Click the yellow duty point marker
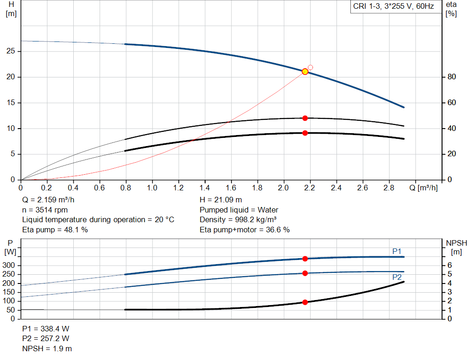pos(305,71)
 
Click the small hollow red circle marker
pos(310,67)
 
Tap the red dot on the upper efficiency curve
pos(305,118)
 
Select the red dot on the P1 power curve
pos(305,259)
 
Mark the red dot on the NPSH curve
pos(305,302)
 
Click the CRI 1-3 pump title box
pos(393,7)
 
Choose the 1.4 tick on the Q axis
pos(205,188)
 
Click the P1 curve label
pos(396,251)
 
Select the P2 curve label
pos(396,277)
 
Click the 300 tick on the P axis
pos(10,266)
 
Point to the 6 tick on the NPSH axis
pos(449,266)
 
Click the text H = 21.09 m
pos(221,200)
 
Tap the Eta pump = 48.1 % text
pos(55,230)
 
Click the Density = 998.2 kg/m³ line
pos(239,219)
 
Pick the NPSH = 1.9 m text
pos(47,348)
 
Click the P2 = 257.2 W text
pos(46,339)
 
